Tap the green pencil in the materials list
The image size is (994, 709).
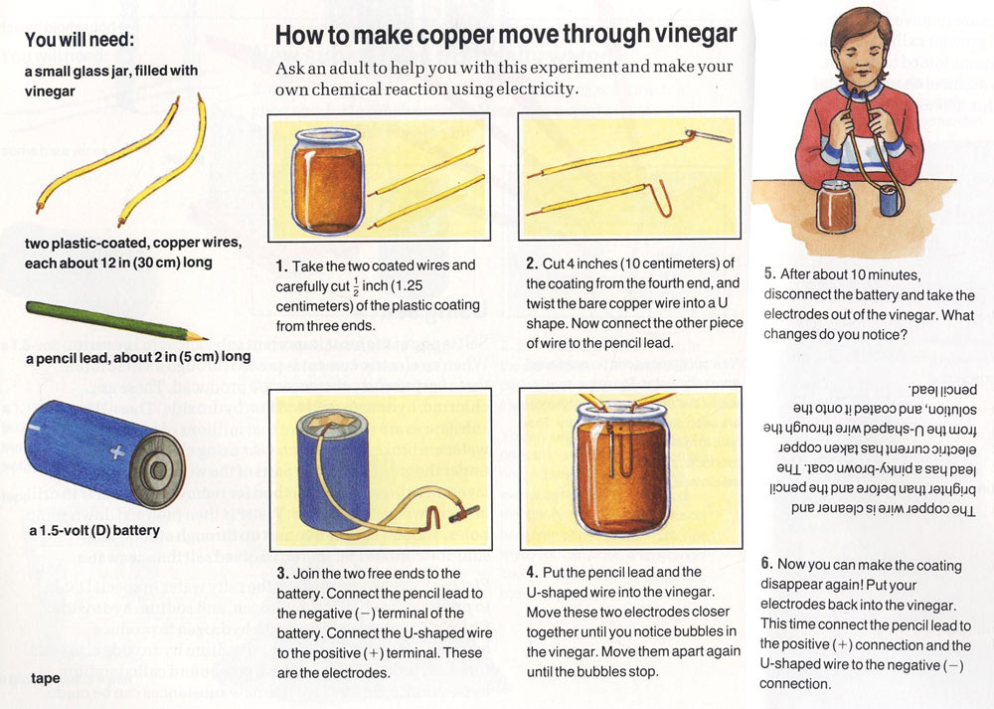(x=116, y=321)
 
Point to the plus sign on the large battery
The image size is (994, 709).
(x=117, y=451)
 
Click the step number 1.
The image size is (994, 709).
(x=281, y=266)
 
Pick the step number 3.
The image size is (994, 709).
(x=282, y=574)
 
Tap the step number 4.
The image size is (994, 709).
(x=533, y=572)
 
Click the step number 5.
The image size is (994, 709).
(x=769, y=274)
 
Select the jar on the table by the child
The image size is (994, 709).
(x=836, y=206)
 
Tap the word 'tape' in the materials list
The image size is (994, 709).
(x=46, y=678)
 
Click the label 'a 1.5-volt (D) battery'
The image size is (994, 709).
(x=93, y=530)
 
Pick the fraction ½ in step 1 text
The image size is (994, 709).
(x=356, y=285)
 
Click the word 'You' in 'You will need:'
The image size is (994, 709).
(x=40, y=40)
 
